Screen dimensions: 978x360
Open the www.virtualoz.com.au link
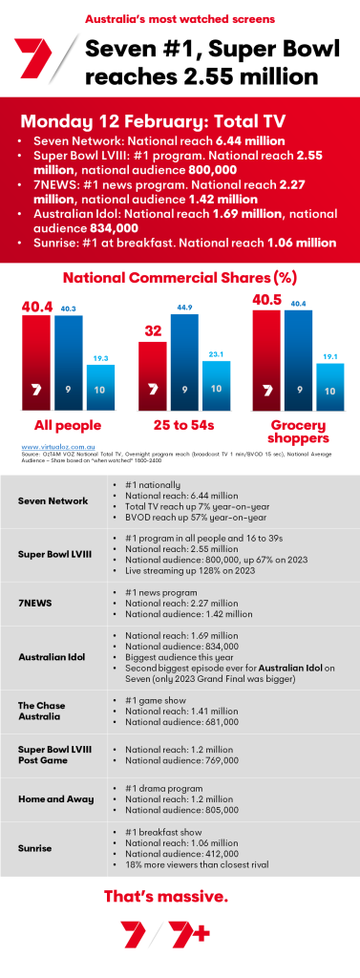click(x=53, y=445)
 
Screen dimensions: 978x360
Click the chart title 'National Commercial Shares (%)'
click(x=180, y=278)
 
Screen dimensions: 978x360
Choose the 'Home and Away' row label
click(x=56, y=808)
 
